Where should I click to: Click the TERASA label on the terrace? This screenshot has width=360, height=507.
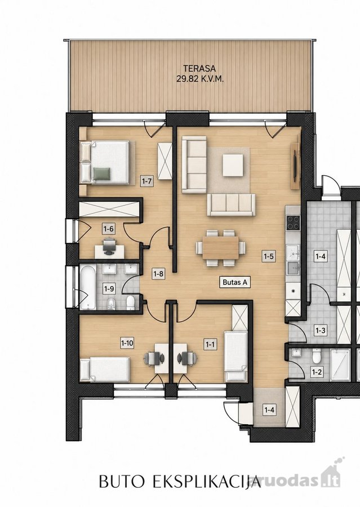tap(199, 69)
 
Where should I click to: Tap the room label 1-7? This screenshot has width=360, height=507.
tap(147, 181)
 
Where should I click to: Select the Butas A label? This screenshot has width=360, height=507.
tap(235, 282)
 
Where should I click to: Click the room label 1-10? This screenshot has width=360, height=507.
tap(127, 343)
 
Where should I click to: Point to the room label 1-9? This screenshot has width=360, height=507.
tap(108, 289)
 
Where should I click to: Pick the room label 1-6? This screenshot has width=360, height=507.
tap(108, 229)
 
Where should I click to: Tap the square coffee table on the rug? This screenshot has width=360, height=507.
tap(233, 165)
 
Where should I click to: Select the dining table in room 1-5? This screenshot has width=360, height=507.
tap(221, 248)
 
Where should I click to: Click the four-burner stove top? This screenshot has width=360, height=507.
tap(294, 222)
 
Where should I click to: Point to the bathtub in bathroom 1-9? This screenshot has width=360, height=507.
tap(88, 287)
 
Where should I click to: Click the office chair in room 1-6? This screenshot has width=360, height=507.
tap(109, 246)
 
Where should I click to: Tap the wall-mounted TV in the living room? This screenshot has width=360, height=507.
tap(295, 166)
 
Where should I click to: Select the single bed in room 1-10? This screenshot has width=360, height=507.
tap(105, 369)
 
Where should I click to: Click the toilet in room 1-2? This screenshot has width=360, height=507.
tap(316, 357)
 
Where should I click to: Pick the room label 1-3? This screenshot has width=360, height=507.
tap(320, 331)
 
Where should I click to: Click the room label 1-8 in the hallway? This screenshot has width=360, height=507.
tap(158, 274)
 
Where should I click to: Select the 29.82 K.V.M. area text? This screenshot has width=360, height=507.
tap(199, 78)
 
